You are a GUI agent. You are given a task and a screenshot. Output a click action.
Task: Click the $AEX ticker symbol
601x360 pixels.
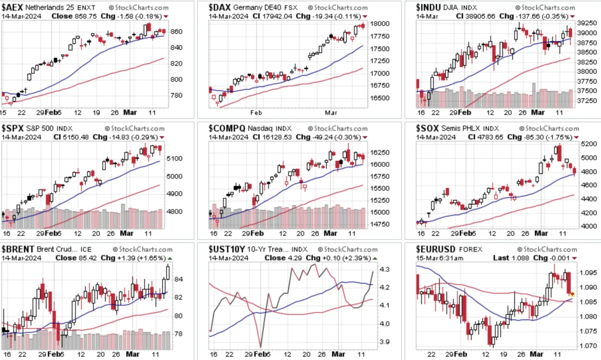(x=12, y=7)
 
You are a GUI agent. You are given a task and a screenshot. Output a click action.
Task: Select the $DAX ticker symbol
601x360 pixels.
(x=220, y=7)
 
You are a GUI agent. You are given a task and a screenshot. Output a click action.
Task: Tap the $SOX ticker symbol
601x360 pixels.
(x=427, y=128)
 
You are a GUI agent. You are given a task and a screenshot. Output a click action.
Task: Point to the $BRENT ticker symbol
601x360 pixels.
(x=18, y=249)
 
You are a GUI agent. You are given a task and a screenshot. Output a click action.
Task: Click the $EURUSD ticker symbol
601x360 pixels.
(x=435, y=249)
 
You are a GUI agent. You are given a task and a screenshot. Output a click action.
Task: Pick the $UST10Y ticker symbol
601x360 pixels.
(x=227, y=249)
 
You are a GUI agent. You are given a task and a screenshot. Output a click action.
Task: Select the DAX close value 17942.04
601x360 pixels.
(x=277, y=16)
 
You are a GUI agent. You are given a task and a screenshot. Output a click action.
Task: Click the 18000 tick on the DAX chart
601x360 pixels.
(x=380, y=23)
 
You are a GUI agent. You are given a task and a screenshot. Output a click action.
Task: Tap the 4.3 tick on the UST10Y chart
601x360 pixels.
(x=385, y=269)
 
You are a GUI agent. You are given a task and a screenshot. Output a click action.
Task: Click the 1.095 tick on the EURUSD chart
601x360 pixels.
(x=588, y=273)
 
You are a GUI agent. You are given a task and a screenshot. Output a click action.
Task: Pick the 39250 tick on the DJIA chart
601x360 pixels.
(x=587, y=23)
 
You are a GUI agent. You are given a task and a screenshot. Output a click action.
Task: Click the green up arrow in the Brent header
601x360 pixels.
(x=170, y=258)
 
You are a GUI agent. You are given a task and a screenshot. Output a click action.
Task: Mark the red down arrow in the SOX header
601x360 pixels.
(x=576, y=138)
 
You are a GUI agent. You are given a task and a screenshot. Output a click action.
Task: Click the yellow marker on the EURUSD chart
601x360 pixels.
(x=572, y=294)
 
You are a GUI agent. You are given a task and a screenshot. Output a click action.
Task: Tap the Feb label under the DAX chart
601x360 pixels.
(x=256, y=113)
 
